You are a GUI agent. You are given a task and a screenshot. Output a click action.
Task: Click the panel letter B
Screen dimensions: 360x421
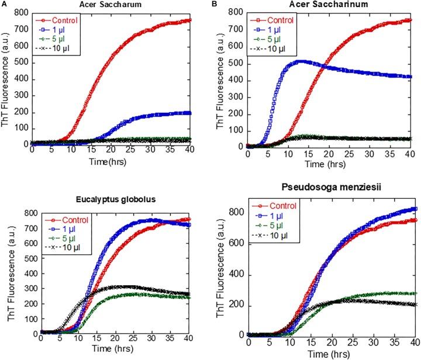pyautogui.click(x=219, y=4)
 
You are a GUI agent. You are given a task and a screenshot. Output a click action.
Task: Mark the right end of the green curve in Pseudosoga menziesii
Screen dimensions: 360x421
pyautogui.click(x=415, y=293)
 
